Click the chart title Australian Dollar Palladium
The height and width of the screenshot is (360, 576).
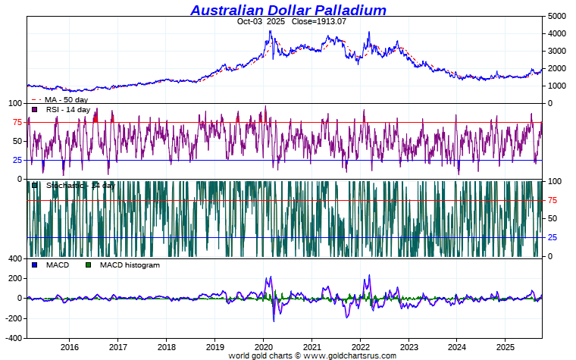[288, 10]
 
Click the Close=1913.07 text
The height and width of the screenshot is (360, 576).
[318, 21]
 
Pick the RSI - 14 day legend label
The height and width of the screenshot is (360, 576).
[67, 110]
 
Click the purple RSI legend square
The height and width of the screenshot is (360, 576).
[35, 110]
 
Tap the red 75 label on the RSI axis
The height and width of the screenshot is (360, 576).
[17, 122]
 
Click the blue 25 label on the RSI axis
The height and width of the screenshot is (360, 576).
[17, 160]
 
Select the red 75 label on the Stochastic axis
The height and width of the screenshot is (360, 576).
[553, 200]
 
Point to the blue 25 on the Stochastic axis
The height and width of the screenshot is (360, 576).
[553, 237]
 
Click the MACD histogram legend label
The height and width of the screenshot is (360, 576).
[130, 265]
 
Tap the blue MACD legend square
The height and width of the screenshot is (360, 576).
[35, 265]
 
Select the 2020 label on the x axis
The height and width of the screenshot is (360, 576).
[263, 347]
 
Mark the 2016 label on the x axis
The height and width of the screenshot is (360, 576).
[69, 347]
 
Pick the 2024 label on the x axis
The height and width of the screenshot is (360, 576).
[457, 347]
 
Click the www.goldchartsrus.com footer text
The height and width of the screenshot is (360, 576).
[350, 355]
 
